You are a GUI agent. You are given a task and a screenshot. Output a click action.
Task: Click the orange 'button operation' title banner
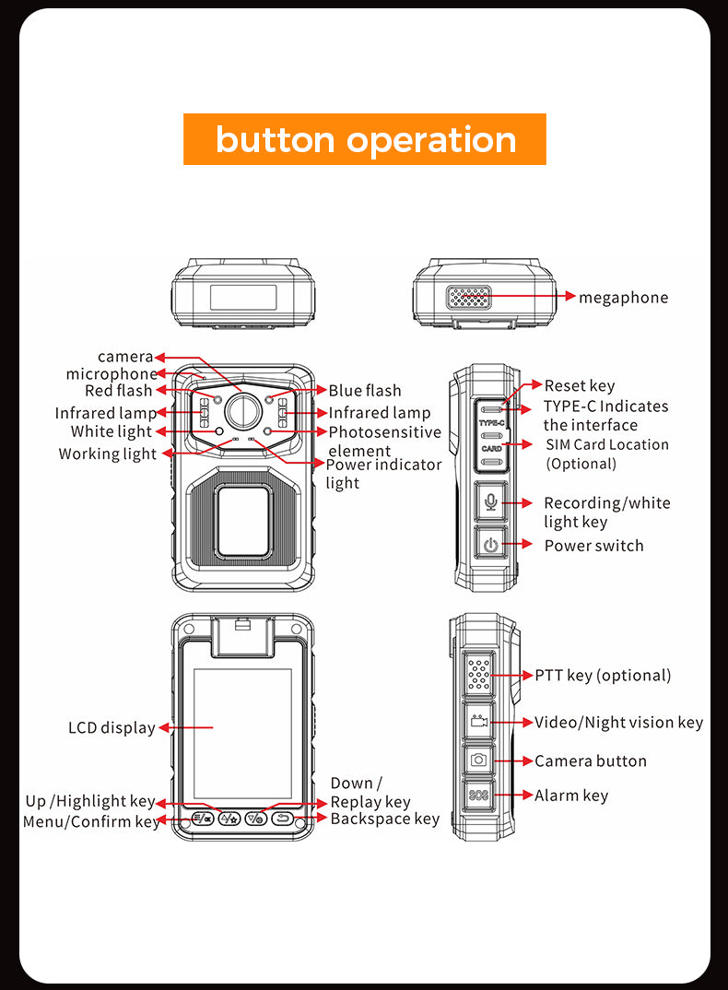(x=364, y=139)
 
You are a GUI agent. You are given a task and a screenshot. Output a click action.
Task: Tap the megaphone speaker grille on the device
(x=469, y=297)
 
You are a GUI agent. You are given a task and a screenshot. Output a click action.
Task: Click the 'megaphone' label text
(x=623, y=297)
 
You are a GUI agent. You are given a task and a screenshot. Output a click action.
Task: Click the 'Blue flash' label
(x=365, y=391)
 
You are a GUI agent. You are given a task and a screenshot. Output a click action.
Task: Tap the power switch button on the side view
(x=490, y=545)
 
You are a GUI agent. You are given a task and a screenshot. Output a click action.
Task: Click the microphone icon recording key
(x=490, y=501)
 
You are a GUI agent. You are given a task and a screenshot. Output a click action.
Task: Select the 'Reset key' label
(x=579, y=385)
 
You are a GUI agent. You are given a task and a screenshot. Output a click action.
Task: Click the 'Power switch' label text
(x=593, y=545)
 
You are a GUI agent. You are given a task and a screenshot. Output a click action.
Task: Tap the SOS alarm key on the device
(x=478, y=796)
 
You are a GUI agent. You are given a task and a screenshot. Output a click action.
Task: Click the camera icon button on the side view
(x=478, y=760)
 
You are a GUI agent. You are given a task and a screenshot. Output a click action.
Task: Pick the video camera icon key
(x=478, y=722)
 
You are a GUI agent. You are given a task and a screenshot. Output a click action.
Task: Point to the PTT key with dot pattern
(x=478, y=675)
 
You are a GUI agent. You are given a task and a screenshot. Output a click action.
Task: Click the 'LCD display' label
(x=112, y=727)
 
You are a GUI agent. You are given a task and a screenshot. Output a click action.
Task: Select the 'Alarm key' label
(x=571, y=795)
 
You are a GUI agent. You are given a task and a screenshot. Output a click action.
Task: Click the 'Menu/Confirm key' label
(x=91, y=821)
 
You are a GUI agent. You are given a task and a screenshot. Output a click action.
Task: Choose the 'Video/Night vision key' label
(x=618, y=722)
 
